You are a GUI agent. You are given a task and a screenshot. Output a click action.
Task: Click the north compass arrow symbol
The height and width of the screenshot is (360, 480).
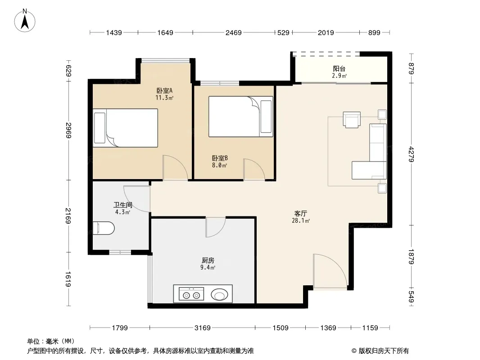[x=25, y=21]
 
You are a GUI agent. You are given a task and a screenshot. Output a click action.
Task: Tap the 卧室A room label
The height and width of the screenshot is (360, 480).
[x=164, y=90]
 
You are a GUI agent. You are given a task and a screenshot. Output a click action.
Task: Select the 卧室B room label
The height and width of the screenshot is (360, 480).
[x=220, y=158]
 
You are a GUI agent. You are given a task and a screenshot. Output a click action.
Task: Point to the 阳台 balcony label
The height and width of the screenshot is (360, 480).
[x=339, y=68]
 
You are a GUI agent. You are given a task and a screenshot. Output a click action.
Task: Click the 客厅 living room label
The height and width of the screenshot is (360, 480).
[x=301, y=213]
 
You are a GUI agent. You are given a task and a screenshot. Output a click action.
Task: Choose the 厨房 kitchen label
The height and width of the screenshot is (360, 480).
[x=208, y=260]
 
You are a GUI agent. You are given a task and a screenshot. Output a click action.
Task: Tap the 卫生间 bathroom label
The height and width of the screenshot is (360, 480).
[x=123, y=205]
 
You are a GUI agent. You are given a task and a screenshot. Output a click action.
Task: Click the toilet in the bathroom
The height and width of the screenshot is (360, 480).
[x=104, y=228]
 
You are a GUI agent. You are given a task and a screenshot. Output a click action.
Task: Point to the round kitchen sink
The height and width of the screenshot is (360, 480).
[x=219, y=295]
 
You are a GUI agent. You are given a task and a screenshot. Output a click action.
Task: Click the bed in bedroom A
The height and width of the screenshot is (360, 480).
[x=126, y=128]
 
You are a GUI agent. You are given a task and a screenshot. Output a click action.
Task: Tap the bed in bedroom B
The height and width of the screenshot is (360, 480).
[x=240, y=117]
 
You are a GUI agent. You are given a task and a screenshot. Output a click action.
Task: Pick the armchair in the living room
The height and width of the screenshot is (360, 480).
[x=352, y=119]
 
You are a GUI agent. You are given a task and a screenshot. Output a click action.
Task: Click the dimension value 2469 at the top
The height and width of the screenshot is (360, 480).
[x=234, y=32]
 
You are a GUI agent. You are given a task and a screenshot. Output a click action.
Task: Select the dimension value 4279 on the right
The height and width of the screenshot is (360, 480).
[x=411, y=154]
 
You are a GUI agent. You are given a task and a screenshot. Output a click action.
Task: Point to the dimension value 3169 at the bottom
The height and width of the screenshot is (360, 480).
[x=203, y=328]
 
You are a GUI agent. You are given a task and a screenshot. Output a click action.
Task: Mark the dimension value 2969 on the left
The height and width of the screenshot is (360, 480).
[x=68, y=130]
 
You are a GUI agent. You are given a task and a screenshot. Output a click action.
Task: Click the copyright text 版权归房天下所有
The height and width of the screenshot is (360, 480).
[x=384, y=351]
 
